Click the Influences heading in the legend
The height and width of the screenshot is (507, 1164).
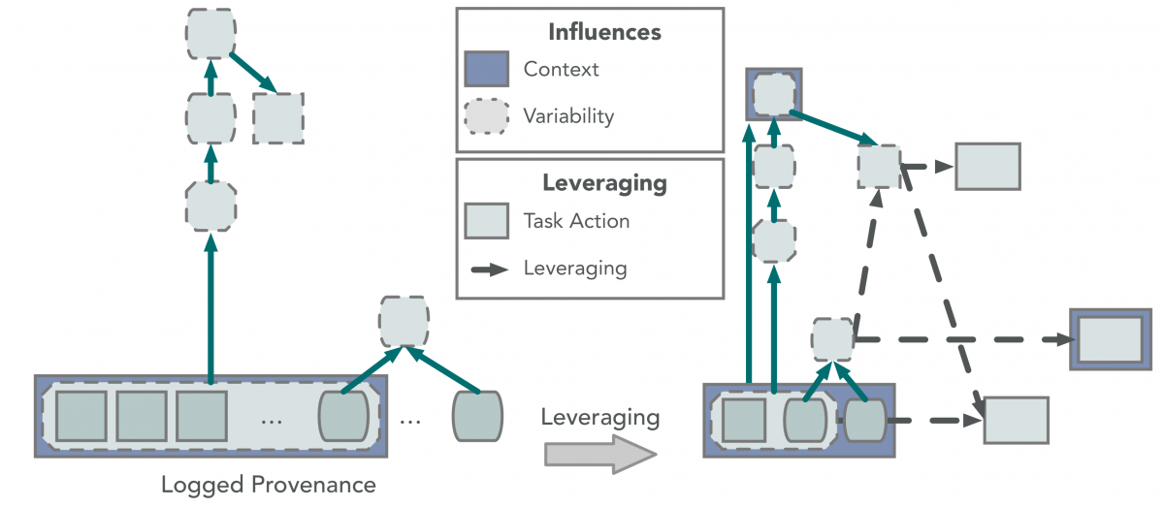coord(603,32)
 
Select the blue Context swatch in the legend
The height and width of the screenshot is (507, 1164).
coord(486,70)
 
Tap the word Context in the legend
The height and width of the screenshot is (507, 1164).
coord(561,70)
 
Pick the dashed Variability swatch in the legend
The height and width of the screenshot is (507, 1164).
coord(486,116)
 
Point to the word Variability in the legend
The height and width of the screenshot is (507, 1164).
coord(568,116)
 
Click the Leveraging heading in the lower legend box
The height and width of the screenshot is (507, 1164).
coord(603,182)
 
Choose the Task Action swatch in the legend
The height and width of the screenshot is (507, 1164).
coord(486,221)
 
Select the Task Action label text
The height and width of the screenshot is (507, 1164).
coord(576,221)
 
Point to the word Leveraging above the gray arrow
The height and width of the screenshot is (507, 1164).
coord(599,419)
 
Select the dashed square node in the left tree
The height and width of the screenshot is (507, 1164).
coord(277,118)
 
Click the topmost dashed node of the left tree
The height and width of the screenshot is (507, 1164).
coord(210,34)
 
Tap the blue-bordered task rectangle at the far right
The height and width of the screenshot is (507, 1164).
coord(1110,339)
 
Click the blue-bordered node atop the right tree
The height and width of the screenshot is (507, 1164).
coord(773,94)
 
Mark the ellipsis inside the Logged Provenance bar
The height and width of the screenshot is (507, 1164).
coord(273,420)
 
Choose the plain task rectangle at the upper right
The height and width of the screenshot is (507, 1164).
coord(987,166)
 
